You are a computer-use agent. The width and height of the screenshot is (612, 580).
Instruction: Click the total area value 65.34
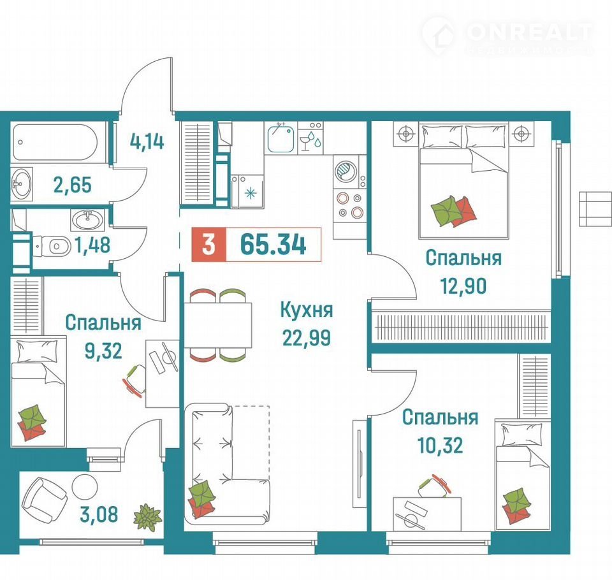pyautogui.click(x=273, y=245)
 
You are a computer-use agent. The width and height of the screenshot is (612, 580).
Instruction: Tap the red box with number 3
pyautogui.click(x=209, y=245)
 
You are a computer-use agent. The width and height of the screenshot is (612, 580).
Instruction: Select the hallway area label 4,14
pyautogui.click(x=147, y=141)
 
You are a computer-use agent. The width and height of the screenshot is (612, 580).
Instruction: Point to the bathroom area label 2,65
pyautogui.click(x=73, y=185)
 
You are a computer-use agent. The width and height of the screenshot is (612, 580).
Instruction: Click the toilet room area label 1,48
pyautogui.click(x=92, y=245)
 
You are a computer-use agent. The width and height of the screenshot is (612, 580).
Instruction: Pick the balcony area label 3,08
pyautogui.click(x=99, y=514)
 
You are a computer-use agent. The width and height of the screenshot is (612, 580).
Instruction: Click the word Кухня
pyautogui.click(x=307, y=310)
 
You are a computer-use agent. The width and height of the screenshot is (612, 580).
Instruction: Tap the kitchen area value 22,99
pyautogui.click(x=307, y=338)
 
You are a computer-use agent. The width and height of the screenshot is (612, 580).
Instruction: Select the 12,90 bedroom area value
pyautogui.click(x=463, y=286)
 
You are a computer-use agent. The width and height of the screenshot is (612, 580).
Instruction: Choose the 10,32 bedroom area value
pyautogui.click(x=441, y=445)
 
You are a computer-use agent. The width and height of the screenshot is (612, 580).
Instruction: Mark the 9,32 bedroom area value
pyautogui.click(x=103, y=351)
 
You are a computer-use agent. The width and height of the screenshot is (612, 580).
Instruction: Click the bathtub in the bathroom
pyautogui.click(x=54, y=142)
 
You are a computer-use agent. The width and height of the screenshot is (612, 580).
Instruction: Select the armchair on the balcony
pyautogui.click(x=44, y=497)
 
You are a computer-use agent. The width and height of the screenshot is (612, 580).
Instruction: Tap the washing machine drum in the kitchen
pyautogui.click(x=346, y=171)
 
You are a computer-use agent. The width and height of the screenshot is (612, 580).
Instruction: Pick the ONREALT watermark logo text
pyautogui.click(x=529, y=33)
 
